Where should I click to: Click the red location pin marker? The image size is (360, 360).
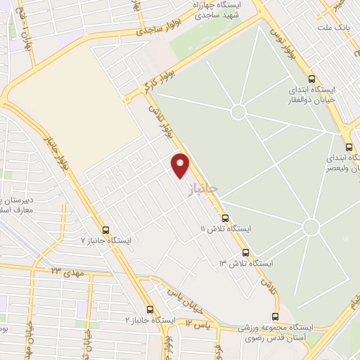coord(181,165)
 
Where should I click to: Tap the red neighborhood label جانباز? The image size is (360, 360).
coord(205,187)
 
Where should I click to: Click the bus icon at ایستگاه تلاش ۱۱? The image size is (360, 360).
coord(225,218)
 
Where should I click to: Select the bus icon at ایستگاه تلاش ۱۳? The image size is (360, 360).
coord(245,252)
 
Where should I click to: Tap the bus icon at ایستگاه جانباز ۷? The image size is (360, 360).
coord(105,230)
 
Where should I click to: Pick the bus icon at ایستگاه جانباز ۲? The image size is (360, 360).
coord(150,309)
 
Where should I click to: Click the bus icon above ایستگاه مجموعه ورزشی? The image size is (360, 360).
coord(275,316)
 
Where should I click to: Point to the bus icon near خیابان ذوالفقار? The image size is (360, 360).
coord(311,80)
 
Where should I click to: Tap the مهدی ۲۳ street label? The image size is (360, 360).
coord(66,271)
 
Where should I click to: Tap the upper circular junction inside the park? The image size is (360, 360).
coord(238,111)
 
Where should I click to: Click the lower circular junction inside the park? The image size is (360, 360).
coord(311,227)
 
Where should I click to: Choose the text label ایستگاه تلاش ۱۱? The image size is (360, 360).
coord(226,230)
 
